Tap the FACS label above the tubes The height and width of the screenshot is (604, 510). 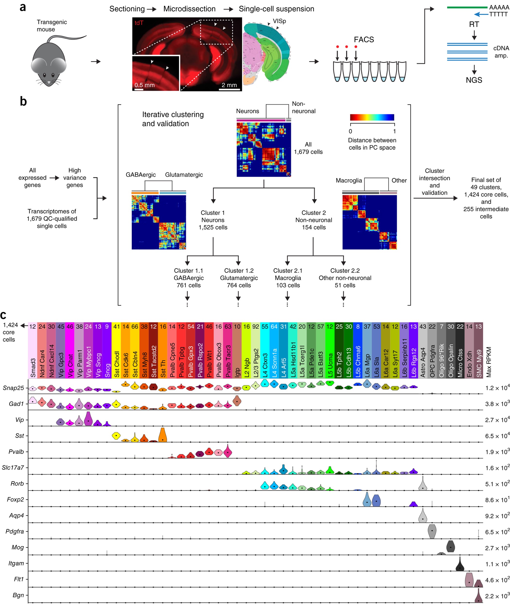364,40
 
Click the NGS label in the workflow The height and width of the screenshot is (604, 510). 474,80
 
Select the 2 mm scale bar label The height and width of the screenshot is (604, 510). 229,85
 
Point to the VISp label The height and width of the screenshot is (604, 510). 279,21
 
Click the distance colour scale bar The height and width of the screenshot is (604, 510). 372,117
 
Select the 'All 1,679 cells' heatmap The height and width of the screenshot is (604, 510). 264,149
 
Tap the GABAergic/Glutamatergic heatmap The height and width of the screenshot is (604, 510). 159,222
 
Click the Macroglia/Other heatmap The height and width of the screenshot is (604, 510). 369,222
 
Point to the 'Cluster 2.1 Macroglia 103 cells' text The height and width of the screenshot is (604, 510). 288,278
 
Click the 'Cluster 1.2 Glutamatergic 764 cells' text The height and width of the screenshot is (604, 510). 239,278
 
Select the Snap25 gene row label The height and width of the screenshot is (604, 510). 13,388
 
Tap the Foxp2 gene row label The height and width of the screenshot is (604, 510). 15,500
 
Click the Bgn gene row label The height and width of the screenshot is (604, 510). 18,595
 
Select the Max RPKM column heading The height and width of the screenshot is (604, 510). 488,362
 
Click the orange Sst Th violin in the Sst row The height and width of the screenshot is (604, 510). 162,435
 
